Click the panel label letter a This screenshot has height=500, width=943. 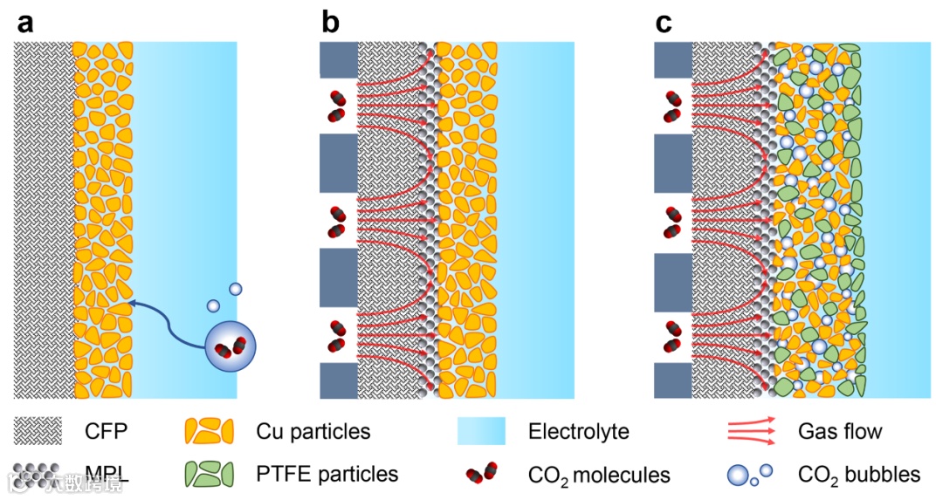[x=25, y=22]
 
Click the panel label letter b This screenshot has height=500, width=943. [x=331, y=22]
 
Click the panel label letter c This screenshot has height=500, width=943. [x=664, y=22]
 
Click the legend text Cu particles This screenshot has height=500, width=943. [x=313, y=431]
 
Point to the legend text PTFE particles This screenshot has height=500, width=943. [x=327, y=475]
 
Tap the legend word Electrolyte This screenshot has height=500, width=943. [x=578, y=431]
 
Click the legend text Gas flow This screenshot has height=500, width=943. [x=840, y=431]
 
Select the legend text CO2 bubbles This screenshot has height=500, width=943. [x=859, y=475]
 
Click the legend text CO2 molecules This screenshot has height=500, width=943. [x=599, y=476]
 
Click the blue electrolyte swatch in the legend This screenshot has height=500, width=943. [x=481, y=431]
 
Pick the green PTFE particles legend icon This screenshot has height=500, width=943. [x=210, y=474]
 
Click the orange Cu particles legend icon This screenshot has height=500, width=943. [x=210, y=430]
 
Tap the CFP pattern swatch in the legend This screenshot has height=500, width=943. [x=38, y=431]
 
